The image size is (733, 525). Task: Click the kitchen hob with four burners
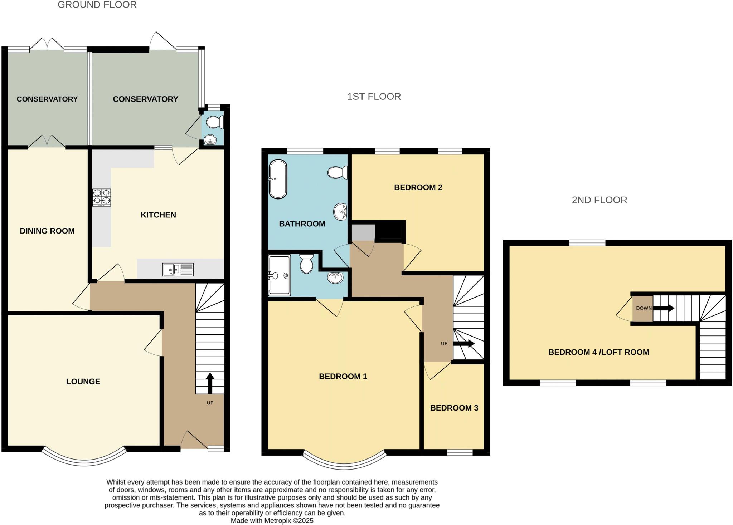[102, 197]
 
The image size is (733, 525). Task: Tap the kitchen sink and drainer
[178, 269]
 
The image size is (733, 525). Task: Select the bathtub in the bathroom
[278, 179]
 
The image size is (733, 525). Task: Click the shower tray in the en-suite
[279, 275]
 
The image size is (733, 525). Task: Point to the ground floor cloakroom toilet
[215, 122]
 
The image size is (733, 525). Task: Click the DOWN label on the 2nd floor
[644, 308]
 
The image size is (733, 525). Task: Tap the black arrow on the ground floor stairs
[210, 383]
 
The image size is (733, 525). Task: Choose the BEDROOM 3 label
[454, 408]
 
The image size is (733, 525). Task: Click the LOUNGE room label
[83, 382]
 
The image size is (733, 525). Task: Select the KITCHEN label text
[158, 215]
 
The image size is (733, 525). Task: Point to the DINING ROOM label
[47, 231]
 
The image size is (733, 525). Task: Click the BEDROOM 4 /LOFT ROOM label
[599, 352]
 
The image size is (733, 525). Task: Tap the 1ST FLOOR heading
[374, 97]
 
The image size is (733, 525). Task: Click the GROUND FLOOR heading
[97, 5]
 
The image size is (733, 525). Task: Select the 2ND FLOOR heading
[599, 200]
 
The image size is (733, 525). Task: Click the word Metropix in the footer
[277, 521]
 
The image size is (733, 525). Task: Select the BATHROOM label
[302, 224]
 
